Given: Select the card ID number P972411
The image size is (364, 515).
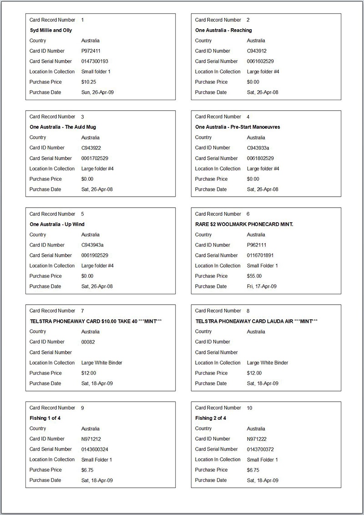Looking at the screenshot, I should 91,51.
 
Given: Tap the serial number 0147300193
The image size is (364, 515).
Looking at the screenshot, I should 95,61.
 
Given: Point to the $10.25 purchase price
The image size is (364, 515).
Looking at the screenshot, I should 88,82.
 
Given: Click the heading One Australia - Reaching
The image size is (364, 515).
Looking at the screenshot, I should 223,30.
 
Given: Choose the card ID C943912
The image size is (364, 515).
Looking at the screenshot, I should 257,51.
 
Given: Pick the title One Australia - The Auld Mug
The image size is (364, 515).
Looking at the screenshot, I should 63,127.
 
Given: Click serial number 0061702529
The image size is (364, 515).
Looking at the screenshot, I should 95,158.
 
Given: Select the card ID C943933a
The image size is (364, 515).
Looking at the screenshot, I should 258,148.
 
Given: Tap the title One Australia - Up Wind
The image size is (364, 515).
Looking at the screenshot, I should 57,224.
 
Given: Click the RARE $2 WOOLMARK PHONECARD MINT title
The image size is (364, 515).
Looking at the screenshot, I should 244,224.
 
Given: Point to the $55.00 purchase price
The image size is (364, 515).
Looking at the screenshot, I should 254,276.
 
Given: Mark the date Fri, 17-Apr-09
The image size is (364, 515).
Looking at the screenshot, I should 262,286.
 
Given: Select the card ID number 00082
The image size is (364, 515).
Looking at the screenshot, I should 88,342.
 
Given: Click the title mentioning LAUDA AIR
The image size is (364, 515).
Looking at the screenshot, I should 257,321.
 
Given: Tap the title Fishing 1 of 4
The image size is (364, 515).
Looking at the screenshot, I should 45,418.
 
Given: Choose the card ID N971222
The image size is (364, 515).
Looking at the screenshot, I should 257,439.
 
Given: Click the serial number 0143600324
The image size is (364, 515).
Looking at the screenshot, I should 95,449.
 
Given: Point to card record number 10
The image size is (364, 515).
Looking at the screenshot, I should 249,408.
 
